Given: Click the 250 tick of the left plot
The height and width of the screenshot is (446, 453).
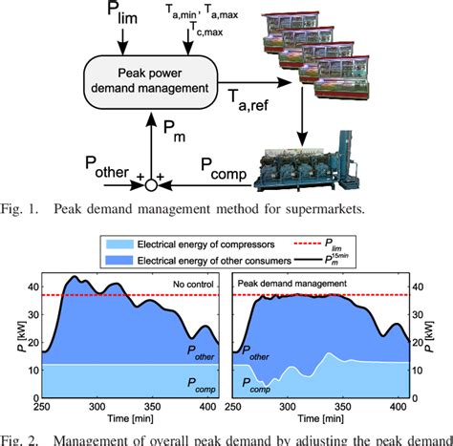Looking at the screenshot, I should click(x=38, y=405).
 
